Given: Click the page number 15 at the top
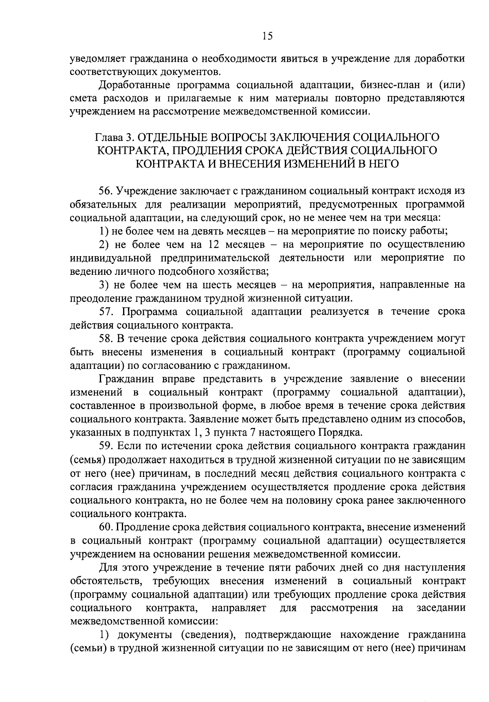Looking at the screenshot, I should [267, 36].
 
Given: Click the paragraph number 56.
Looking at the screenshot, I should [105, 191].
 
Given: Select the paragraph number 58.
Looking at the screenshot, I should [105, 339].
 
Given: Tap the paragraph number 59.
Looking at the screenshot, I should [105, 446].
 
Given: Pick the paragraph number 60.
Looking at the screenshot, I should [105, 527].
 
